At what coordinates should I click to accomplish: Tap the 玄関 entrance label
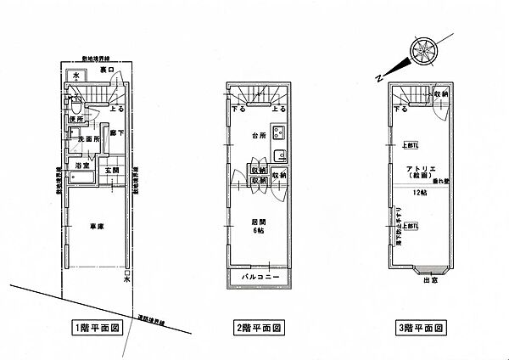pos(112,171)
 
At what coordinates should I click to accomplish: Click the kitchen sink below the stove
pos(279,154)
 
